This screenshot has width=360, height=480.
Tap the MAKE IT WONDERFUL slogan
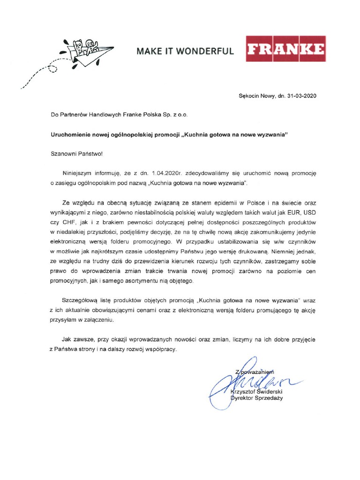[x=185, y=51]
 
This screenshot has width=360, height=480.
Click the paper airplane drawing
[x=92, y=53]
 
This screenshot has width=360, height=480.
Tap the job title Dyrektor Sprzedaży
[x=257, y=398]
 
